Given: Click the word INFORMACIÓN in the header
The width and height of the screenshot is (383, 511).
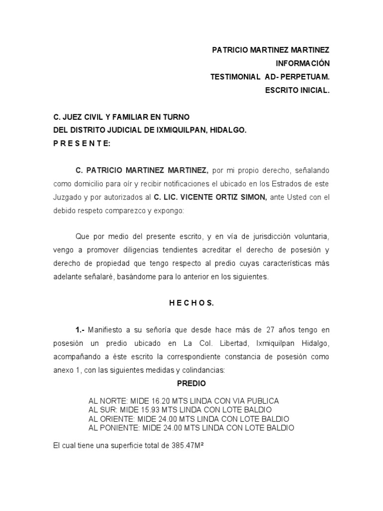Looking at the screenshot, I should coord(303,63).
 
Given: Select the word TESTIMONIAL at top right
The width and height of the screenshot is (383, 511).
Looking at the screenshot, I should coord(235,77).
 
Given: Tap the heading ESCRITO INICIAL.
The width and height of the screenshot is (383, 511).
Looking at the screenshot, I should coord(297,90).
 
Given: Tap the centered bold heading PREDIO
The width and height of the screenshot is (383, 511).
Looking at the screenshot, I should coord(191,384).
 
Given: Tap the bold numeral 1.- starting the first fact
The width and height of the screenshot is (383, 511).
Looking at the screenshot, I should coord(80,330).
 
